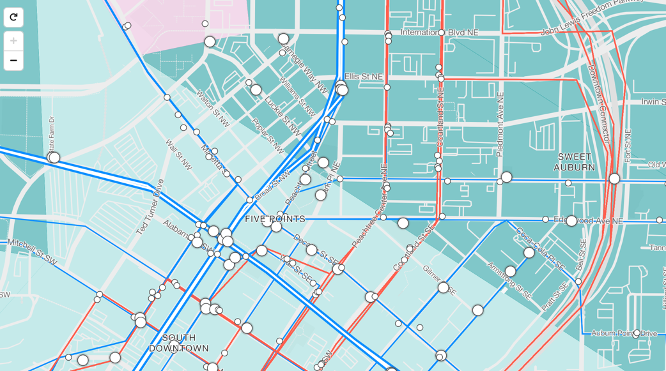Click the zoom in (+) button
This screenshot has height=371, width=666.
(13, 41)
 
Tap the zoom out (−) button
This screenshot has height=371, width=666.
(13, 61)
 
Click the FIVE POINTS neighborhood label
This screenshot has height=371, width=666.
(275, 219)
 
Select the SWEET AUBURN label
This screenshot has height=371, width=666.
(574, 162)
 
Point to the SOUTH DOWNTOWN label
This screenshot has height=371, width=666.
(179, 343)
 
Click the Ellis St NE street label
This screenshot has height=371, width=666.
(363, 77)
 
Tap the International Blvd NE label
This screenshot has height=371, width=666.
(439, 32)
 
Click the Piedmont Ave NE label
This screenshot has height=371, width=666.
(500, 124)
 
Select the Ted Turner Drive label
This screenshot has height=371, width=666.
(150, 206)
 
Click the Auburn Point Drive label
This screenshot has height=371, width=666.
(624, 333)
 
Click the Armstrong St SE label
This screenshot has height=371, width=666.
(509, 280)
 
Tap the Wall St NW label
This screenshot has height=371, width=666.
(178, 155)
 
